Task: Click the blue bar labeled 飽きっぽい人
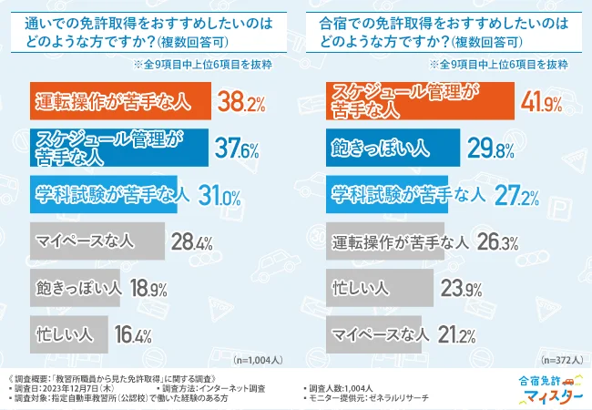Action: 393,147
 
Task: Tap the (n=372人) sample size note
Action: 556,359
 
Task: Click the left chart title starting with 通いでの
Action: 146,30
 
